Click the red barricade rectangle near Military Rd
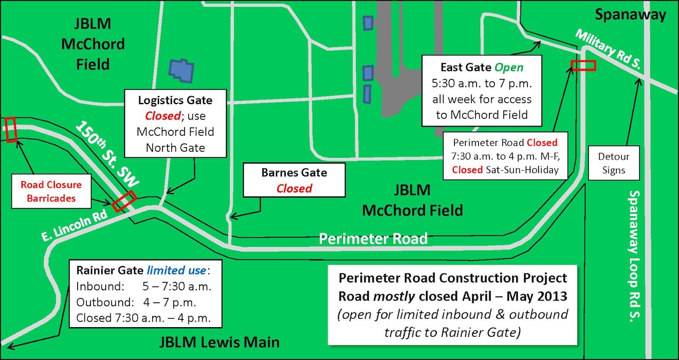tap(583, 66)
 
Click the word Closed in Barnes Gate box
tap(294, 188)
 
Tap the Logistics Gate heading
tap(175, 101)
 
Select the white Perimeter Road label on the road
tap(373, 238)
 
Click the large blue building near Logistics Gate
tap(182, 68)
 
